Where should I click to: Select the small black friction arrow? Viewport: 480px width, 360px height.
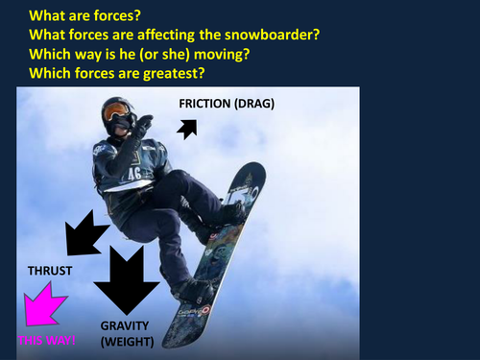coord(188,128)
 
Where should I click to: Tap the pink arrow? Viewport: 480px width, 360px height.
coord(44,309)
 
